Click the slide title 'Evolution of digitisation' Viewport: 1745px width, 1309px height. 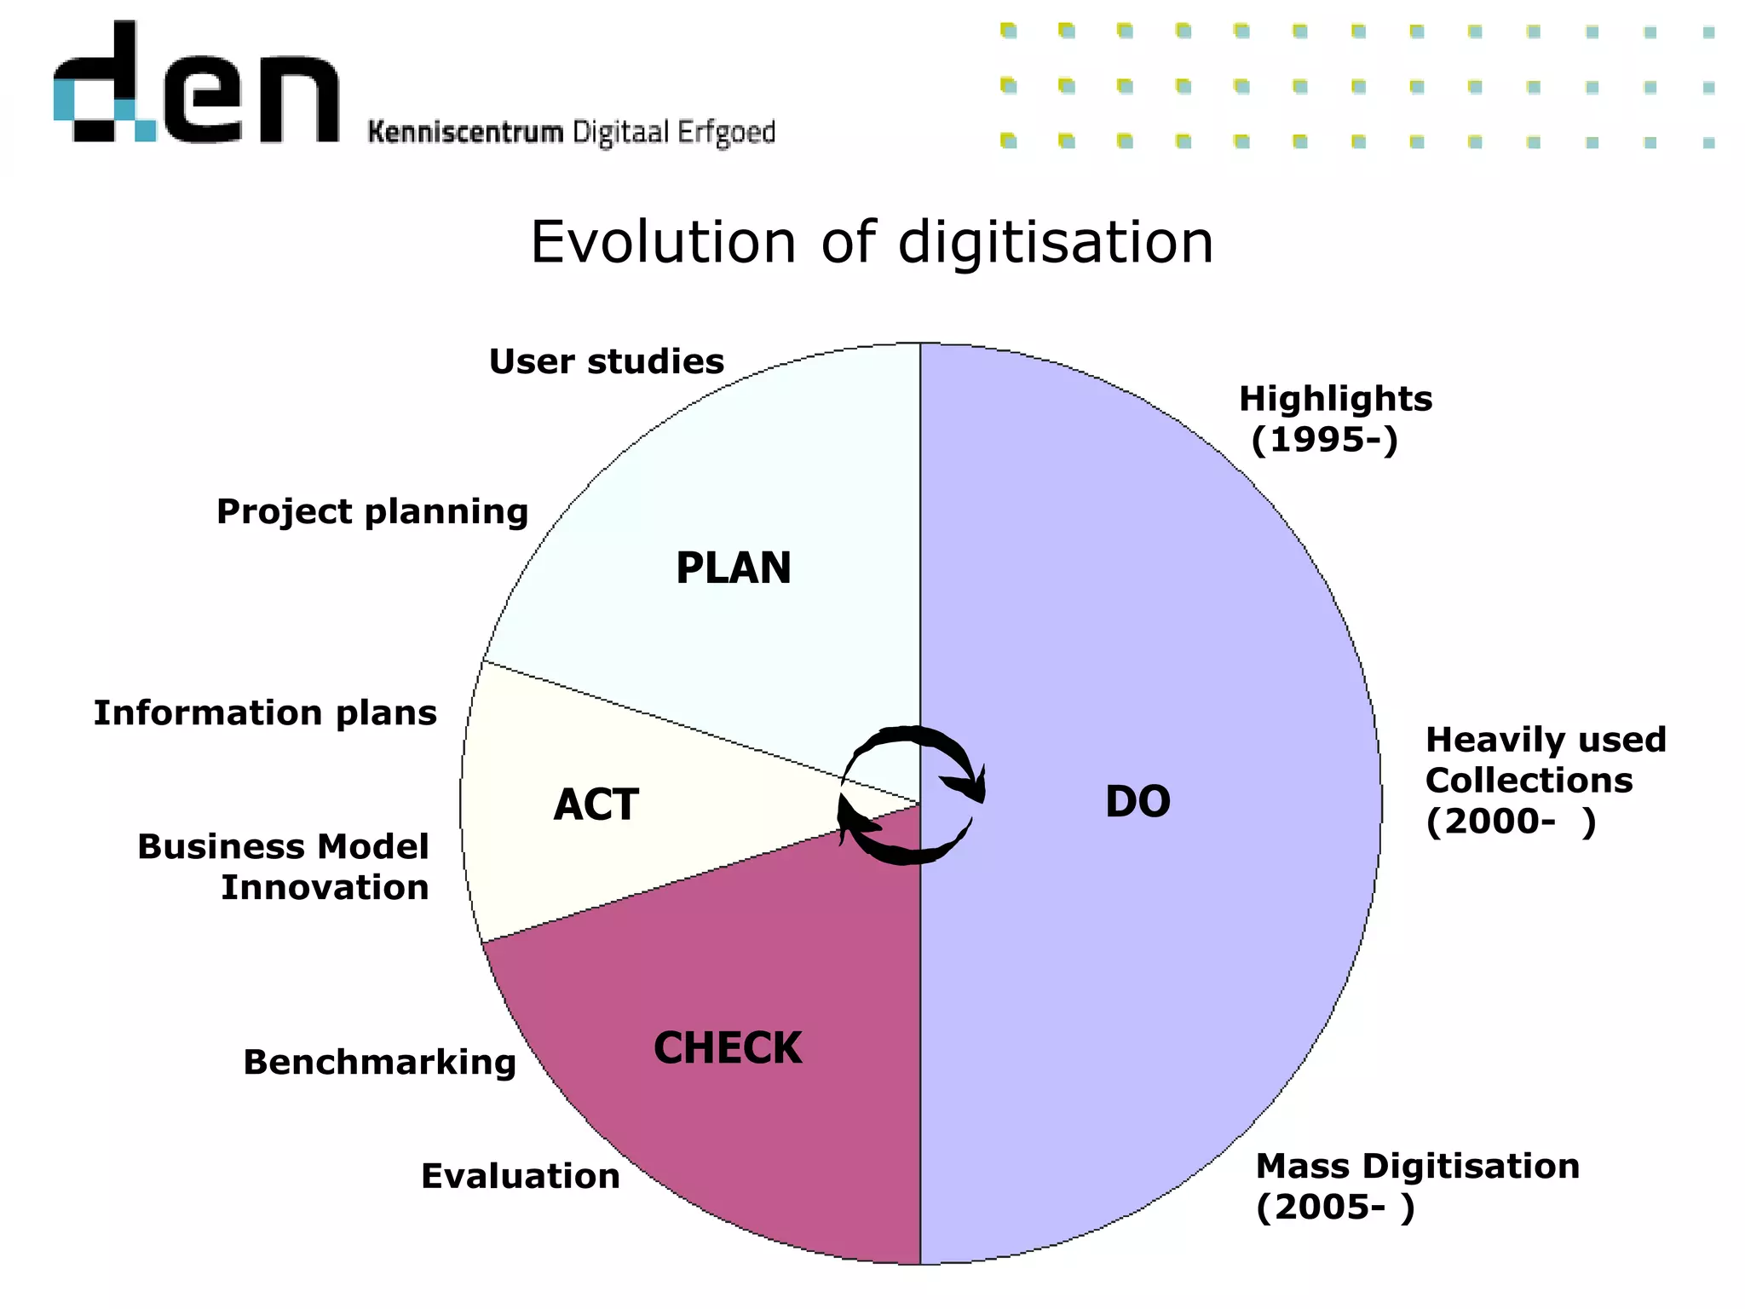[872, 243]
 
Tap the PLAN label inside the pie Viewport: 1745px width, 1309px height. [734, 568]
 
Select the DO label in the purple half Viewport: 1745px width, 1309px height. [1137, 802]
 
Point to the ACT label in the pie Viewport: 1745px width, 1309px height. [596, 805]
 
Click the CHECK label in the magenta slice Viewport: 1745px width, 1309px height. [728, 1048]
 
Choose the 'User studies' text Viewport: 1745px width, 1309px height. [606, 362]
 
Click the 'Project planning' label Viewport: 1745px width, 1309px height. [372, 512]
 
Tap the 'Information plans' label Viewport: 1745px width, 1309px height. [265, 713]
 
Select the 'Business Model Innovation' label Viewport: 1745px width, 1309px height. [283, 867]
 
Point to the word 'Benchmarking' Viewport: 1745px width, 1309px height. [380, 1063]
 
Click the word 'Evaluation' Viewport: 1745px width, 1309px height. [521, 1177]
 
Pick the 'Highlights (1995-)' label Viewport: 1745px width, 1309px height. [1334, 419]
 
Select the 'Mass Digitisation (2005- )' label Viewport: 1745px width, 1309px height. [1417, 1186]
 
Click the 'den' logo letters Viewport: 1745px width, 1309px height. [196, 85]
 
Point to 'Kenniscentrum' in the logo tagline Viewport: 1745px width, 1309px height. [465, 133]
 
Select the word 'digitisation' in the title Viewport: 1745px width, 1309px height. [1056, 243]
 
